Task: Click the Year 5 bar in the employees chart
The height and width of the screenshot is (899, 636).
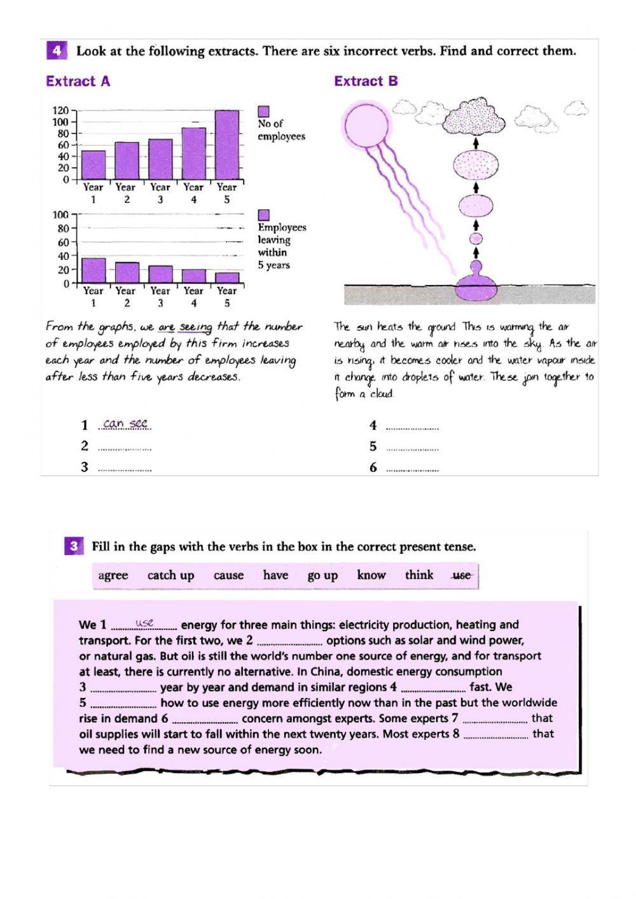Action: (226, 145)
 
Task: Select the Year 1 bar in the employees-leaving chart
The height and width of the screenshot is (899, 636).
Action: (93, 270)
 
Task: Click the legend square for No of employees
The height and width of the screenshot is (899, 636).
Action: (263, 111)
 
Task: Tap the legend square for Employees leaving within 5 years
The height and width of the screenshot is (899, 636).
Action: (263, 215)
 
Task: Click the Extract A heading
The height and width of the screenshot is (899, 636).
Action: (78, 81)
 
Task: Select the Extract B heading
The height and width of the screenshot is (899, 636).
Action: (366, 81)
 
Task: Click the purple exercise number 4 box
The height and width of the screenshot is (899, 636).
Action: (57, 51)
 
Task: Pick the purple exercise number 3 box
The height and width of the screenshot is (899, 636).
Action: (73, 546)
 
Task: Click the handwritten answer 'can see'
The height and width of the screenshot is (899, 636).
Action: (125, 424)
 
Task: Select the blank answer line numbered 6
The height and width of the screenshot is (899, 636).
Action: (412, 468)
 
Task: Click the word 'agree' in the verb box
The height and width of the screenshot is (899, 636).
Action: (113, 575)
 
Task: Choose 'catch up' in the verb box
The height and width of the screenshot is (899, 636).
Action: (170, 575)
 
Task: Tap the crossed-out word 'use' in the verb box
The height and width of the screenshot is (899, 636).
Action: (461, 575)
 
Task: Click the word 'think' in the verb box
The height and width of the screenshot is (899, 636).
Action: (419, 575)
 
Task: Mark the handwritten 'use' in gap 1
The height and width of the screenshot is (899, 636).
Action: (144, 623)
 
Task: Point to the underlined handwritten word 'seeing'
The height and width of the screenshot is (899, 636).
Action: (195, 327)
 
